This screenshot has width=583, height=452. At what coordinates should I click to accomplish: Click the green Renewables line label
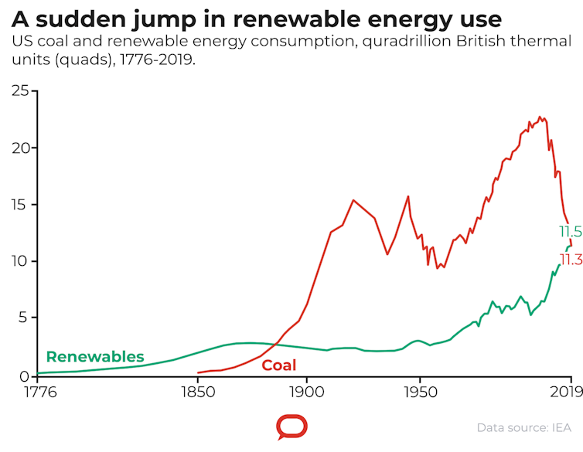point(95,356)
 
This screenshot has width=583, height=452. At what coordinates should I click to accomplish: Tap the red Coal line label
point(278,365)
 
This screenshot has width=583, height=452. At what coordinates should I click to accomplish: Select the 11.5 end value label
point(570,232)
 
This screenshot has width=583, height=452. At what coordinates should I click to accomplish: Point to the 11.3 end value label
point(570,260)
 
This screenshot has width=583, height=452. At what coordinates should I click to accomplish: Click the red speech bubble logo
point(291,427)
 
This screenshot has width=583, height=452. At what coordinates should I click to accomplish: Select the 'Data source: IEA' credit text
point(524,427)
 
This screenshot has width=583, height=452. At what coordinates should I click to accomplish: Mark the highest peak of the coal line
point(540,117)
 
